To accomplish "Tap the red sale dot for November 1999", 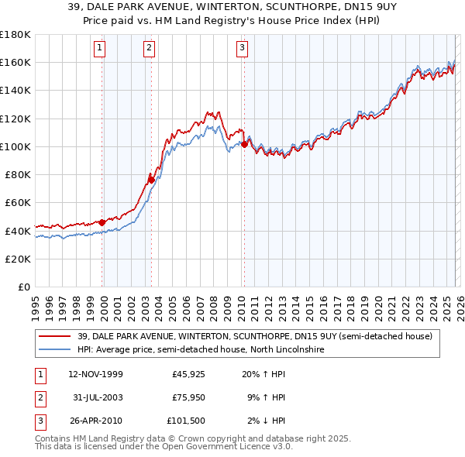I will [102, 222].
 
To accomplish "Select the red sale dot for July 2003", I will [152, 180].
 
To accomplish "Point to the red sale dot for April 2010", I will [244, 144].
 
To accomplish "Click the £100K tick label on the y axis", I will [15, 146].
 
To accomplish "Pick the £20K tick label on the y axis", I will [18, 259].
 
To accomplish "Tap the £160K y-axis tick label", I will [15, 62].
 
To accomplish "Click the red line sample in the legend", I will [56, 335].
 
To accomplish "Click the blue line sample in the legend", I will [56, 349].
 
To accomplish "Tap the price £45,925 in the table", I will [188, 374].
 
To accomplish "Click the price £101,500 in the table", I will [186, 421].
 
